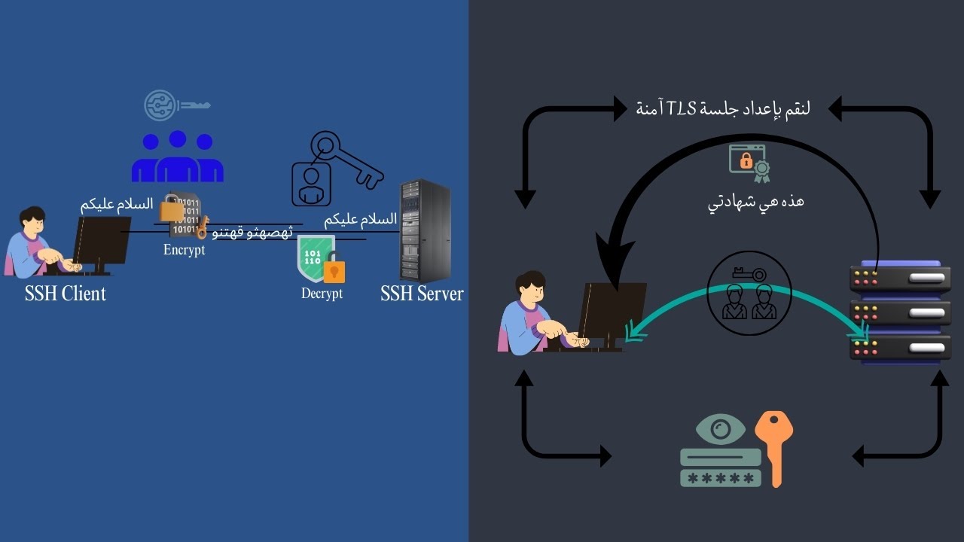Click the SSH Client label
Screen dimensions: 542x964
click(66, 294)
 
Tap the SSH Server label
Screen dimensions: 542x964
click(422, 294)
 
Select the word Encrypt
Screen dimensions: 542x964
click(184, 250)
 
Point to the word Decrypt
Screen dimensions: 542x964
click(322, 294)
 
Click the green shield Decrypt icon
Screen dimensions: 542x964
click(316, 258)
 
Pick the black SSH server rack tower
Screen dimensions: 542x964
click(425, 230)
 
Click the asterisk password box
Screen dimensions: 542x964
click(720, 478)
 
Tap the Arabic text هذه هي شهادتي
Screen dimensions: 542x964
click(755, 202)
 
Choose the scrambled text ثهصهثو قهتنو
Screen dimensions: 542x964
click(252, 233)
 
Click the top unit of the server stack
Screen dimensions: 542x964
click(900, 277)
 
